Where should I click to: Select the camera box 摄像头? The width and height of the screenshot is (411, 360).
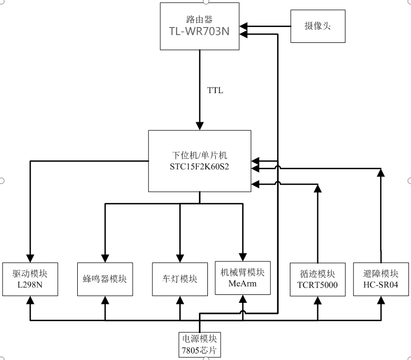tap(317, 25)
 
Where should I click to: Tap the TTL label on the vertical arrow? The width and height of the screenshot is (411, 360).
tap(215, 91)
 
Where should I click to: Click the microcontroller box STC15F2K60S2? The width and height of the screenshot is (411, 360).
tap(199, 161)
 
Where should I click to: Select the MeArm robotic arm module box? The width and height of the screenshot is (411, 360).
tap(243, 277)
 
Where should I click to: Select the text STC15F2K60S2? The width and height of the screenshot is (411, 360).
tap(199, 166)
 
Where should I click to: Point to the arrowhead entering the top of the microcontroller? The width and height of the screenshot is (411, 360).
tap(199, 125)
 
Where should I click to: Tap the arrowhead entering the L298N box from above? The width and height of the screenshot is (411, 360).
tap(30, 258)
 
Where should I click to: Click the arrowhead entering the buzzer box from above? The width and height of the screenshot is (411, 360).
tap(105, 258)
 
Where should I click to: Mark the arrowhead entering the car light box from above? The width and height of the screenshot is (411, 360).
tap(180, 258)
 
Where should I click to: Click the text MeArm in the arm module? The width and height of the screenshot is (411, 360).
tap(243, 283)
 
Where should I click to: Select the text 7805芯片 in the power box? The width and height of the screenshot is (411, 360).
tap(199, 350)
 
